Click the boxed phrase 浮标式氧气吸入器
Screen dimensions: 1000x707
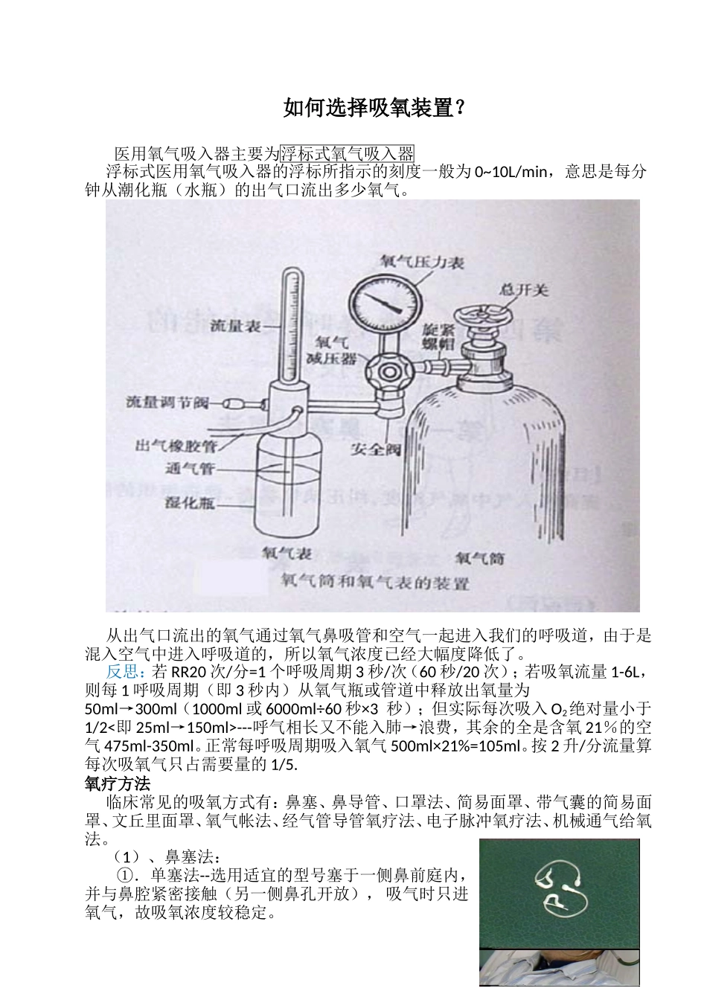pos(347,154)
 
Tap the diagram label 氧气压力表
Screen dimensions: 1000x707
pos(421,262)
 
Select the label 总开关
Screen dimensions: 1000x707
pos(523,289)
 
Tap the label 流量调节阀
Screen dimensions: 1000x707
pos(168,403)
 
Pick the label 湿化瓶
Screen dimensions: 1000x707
pos(190,502)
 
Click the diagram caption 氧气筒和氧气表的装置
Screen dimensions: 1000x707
pos(374,583)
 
